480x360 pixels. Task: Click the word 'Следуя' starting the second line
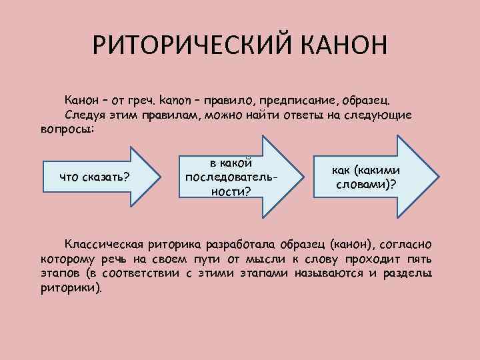click(x=85, y=114)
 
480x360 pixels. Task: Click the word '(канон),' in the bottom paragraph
click(x=347, y=245)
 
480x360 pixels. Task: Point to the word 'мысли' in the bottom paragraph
click(x=263, y=259)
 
